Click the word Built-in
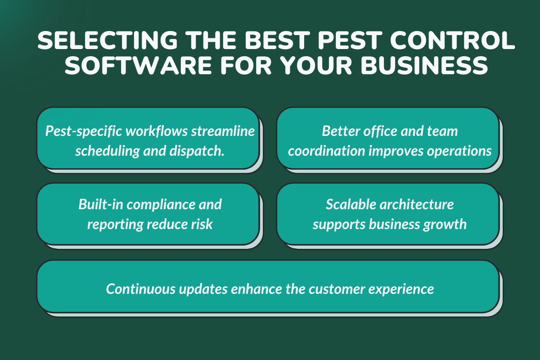coord(100,204)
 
